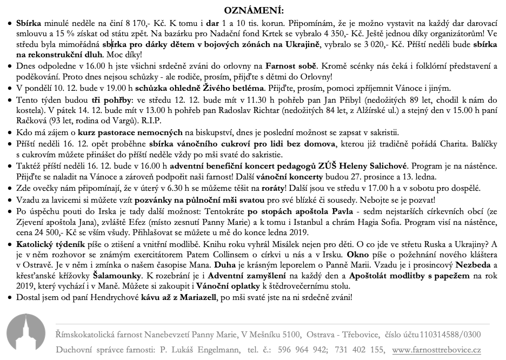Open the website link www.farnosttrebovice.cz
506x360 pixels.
tap(436, 350)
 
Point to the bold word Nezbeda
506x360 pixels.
tap(472, 265)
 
